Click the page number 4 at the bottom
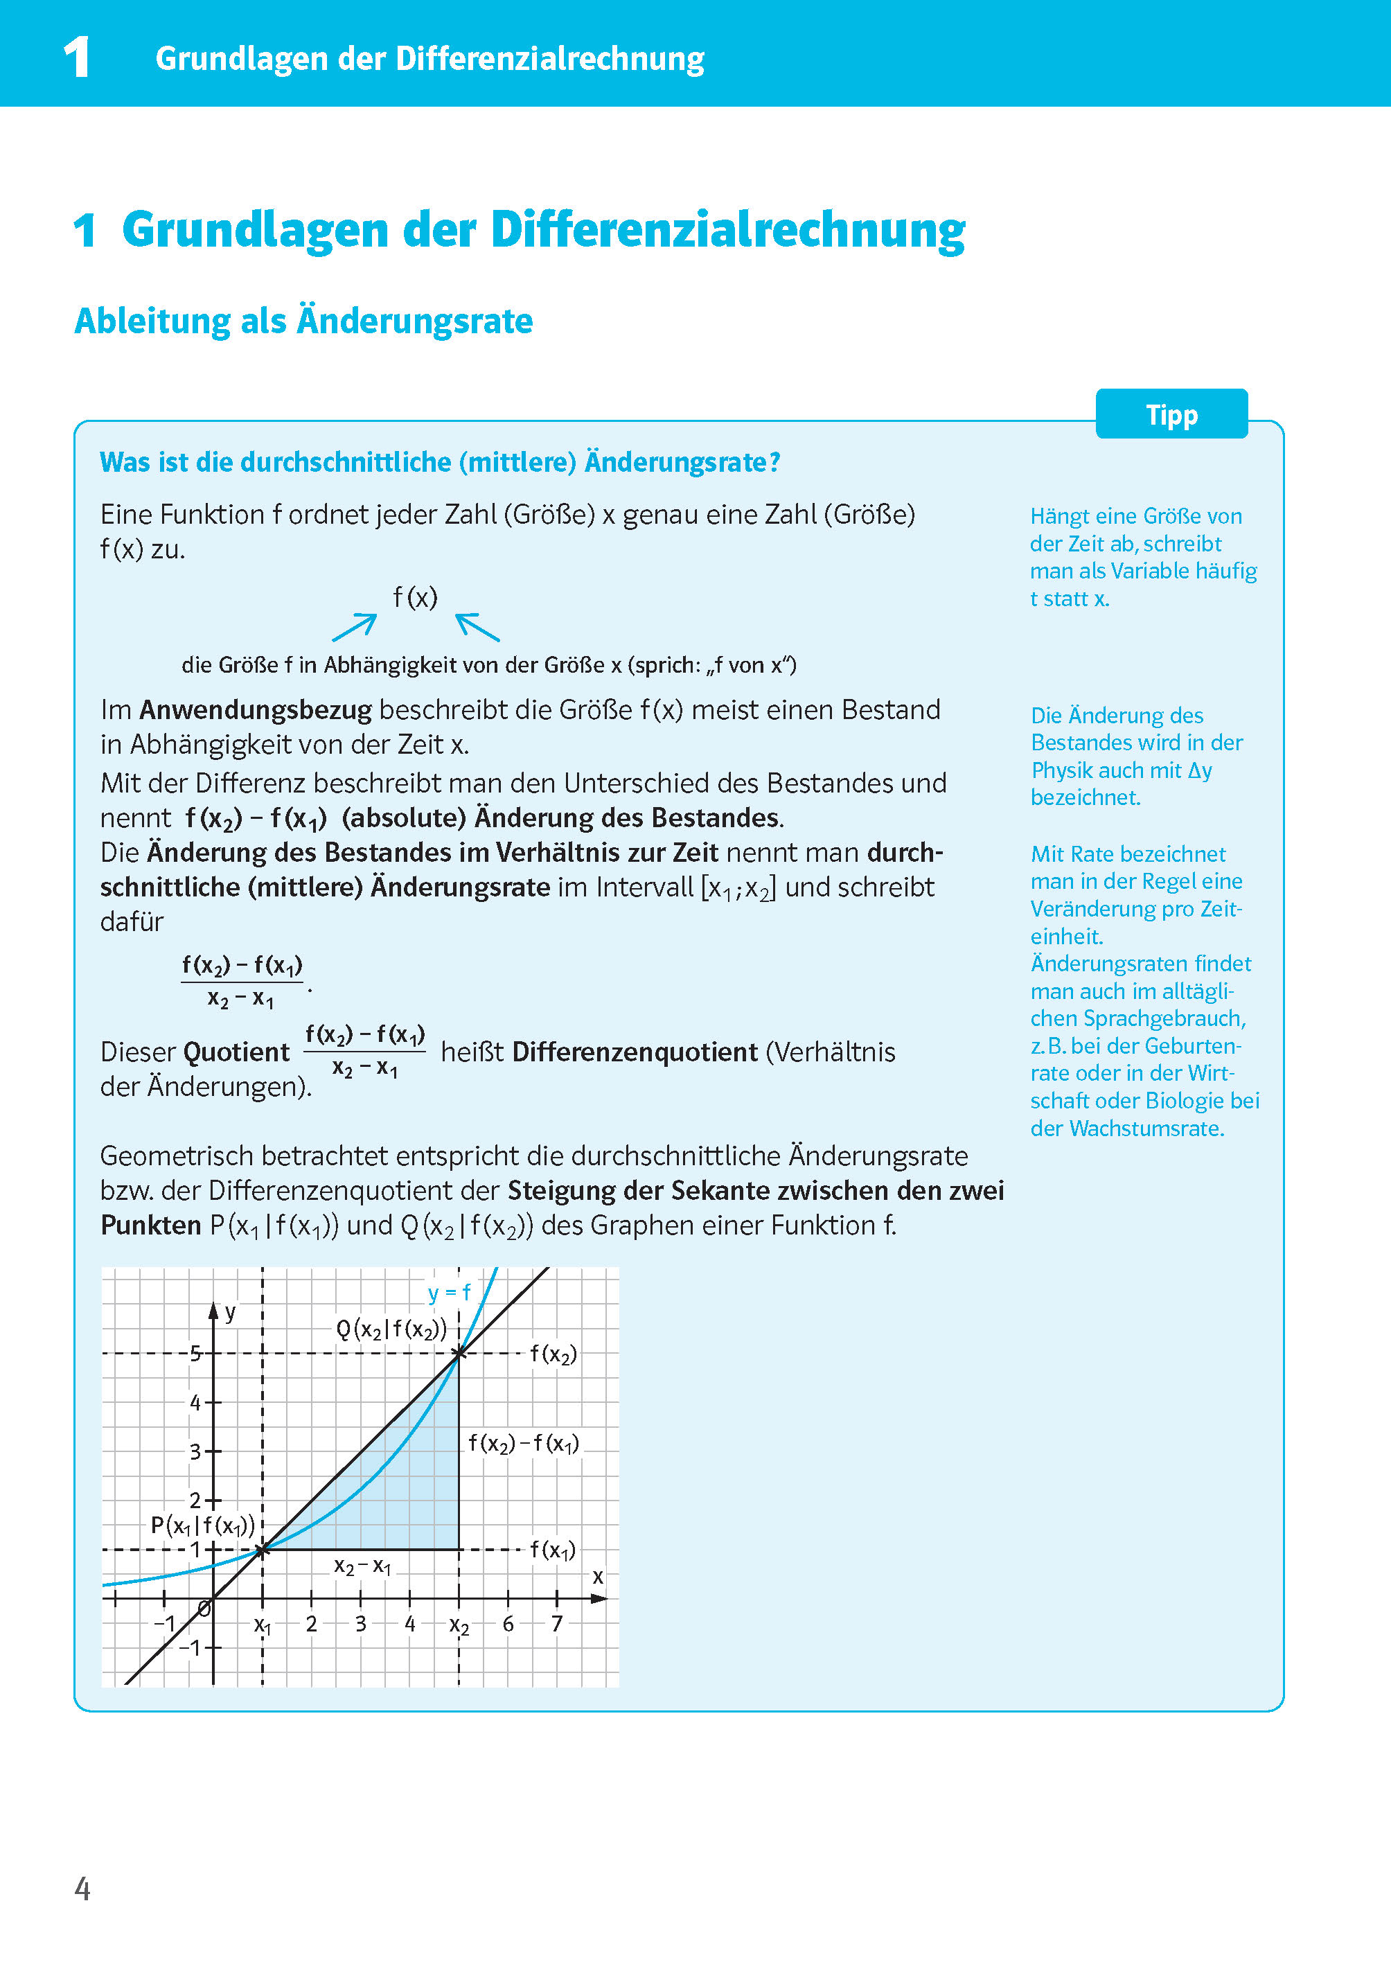82,1888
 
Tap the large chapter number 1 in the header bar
77,58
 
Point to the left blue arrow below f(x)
355,627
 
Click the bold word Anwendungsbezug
255,710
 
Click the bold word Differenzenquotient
635,1052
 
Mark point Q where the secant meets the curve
459,1353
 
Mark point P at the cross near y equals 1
263,1548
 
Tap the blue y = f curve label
449,1293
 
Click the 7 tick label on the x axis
557,1623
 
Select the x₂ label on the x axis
459,1626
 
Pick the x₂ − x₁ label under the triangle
362,1566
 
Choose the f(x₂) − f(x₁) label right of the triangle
523,1443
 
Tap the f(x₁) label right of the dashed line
553,1550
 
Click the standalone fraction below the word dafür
242,982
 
